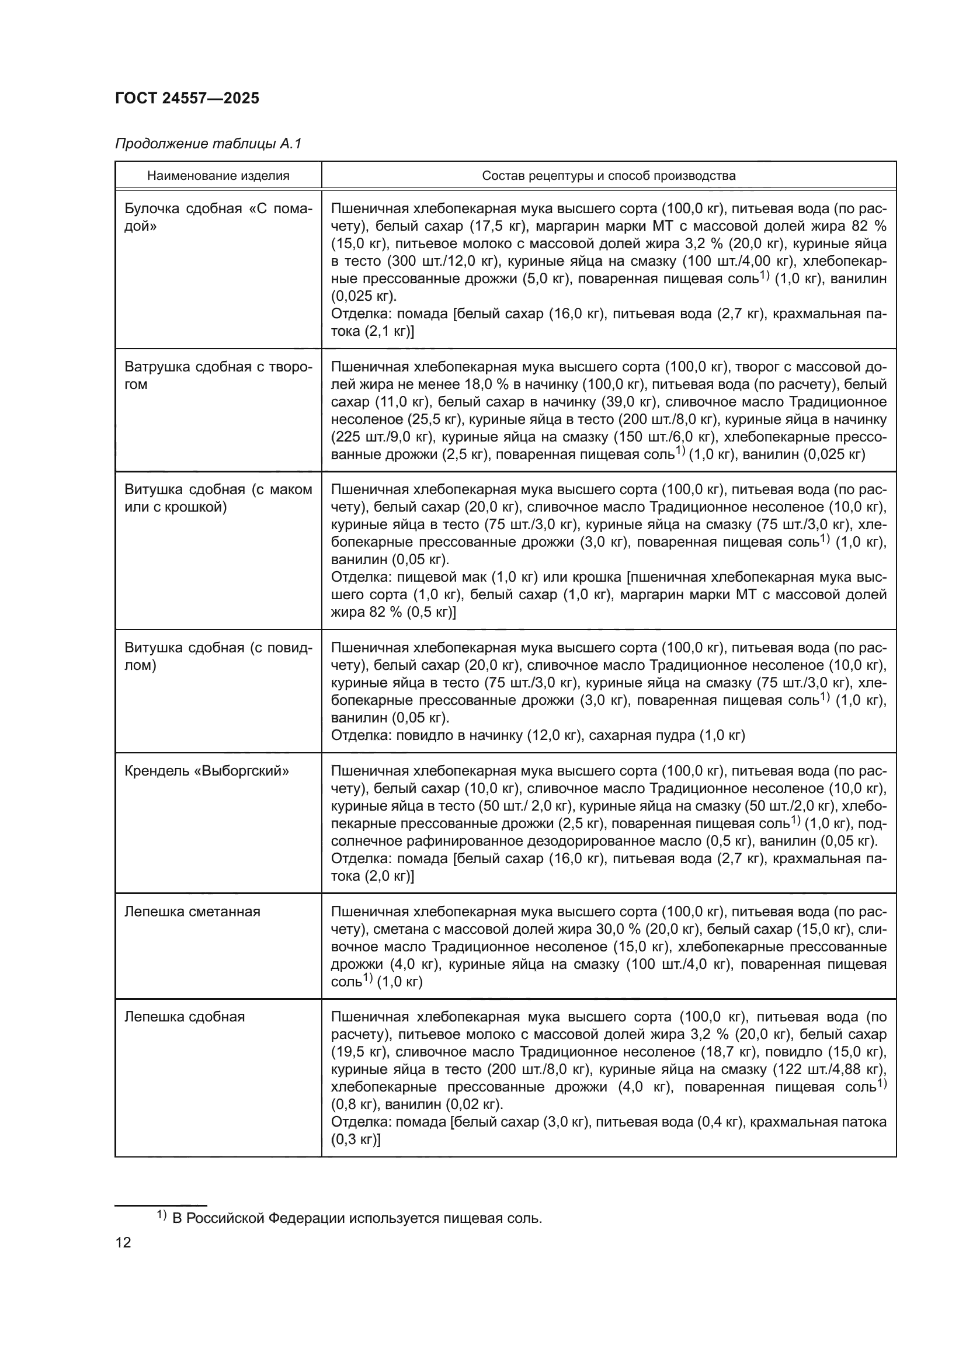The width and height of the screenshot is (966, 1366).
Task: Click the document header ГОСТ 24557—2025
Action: click(x=187, y=98)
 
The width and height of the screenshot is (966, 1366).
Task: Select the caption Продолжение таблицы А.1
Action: click(x=208, y=144)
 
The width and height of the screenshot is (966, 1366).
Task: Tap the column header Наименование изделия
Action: click(x=218, y=176)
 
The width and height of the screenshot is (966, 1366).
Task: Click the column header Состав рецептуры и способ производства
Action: click(x=609, y=176)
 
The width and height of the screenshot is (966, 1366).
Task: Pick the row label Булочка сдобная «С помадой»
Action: click(x=218, y=217)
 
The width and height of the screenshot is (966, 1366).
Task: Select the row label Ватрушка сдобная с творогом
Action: click(x=218, y=376)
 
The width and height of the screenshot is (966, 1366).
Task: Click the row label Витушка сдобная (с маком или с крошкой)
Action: click(x=218, y=498)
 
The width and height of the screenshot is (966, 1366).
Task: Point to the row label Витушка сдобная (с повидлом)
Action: click(x=218, y=656)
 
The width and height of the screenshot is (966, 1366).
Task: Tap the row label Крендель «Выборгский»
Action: click(x=206, y=771)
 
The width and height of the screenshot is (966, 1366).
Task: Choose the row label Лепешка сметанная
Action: click(x=192, y=912)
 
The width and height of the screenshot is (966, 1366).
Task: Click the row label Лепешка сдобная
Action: click(x=185, y=1017)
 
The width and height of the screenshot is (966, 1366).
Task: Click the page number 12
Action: click(x=123, y=1242)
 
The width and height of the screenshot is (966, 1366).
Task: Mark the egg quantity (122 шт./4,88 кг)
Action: click(x=828, y=1070)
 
